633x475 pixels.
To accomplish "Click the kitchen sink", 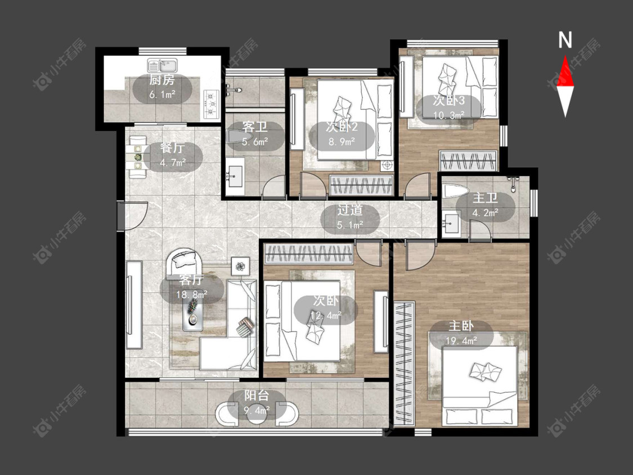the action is pos(162,65).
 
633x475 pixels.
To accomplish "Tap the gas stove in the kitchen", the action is pos(211,104).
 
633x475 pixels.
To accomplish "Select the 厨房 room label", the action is pos(162,79).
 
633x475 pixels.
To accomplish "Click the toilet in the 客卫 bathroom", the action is pos(236,136).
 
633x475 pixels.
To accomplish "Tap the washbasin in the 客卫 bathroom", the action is pos(235,177).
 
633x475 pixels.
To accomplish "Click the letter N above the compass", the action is pos(565,40).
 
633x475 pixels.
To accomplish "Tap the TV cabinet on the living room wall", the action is pos(134,305).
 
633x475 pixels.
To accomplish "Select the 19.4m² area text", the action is pos(461,341).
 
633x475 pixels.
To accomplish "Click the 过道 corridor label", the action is pos(350,210).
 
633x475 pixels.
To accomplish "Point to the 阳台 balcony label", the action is pos(257,396).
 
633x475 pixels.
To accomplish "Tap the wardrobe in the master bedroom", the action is pos(404,364).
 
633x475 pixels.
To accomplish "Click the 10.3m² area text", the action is pos(448,115).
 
